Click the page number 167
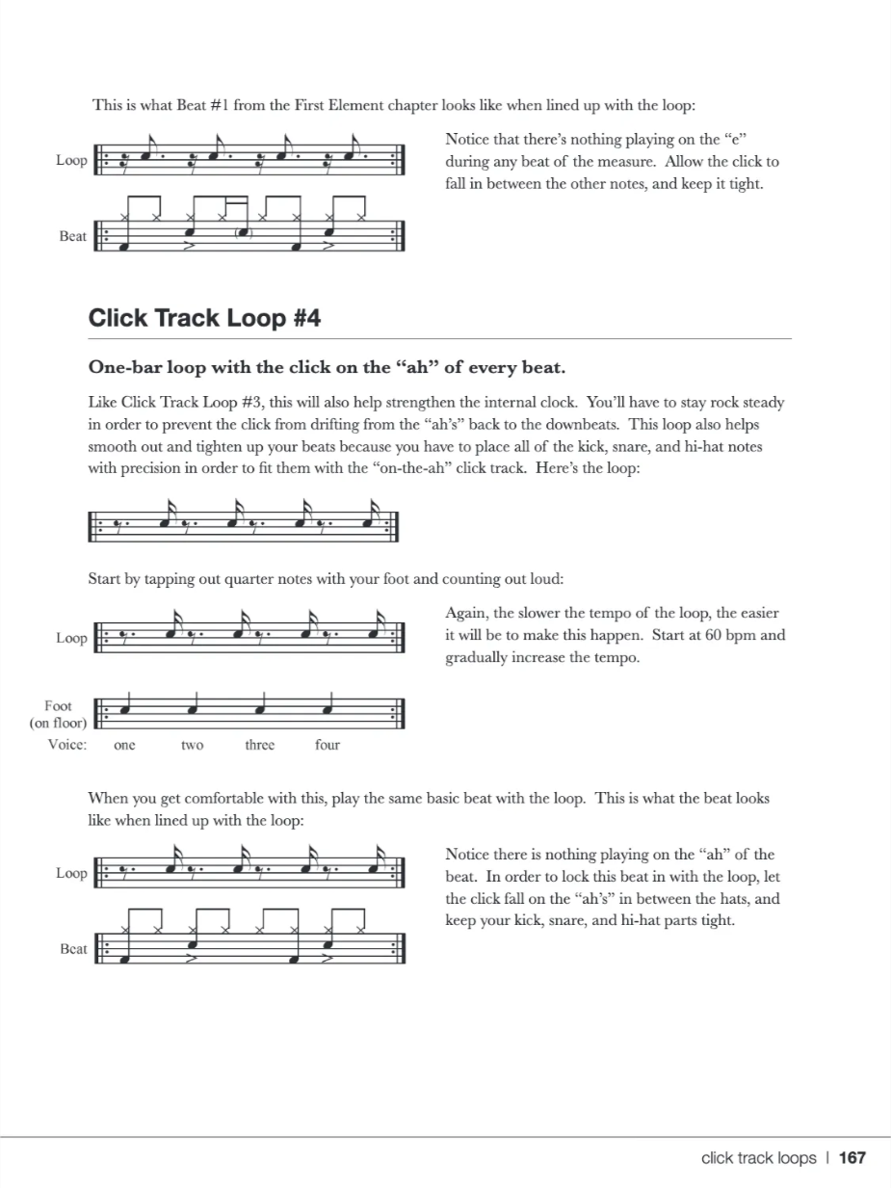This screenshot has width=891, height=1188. pos(852,1158)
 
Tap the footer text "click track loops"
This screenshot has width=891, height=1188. pos(758,1158)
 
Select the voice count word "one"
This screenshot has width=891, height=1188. pos(124,745)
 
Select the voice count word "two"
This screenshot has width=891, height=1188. pos(192,745)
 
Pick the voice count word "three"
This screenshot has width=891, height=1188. pos(259,745)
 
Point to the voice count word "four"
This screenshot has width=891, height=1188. pos(327,745)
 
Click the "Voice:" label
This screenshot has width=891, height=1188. pos(67,745)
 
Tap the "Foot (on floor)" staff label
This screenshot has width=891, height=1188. pos(59,714)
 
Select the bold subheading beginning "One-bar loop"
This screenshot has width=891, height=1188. pos(327,367)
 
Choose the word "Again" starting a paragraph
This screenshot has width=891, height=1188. pos(465,614)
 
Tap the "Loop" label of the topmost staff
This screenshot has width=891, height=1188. pos(71,160)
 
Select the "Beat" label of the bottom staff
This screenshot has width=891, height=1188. pos(73,949)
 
